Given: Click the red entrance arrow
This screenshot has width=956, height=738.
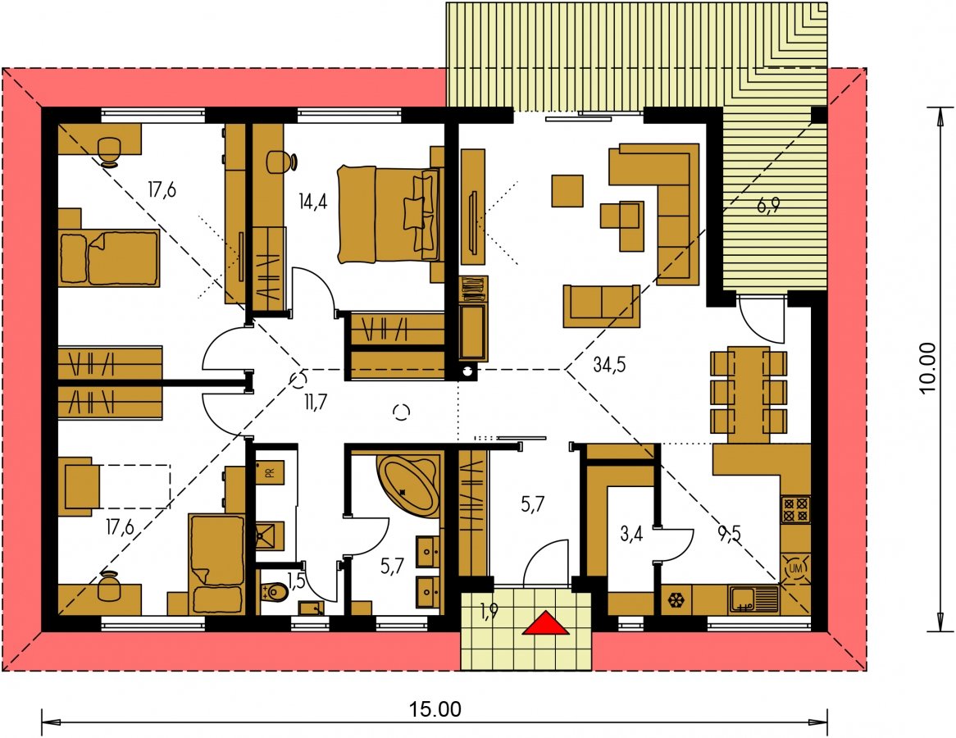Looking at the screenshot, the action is tap(546, 623).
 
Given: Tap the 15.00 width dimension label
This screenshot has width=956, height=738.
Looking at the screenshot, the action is tap(435, 709).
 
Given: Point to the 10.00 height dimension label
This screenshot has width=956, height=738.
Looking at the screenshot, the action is tap(927, 368).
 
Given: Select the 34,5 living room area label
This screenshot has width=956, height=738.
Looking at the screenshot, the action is tap(609, 365).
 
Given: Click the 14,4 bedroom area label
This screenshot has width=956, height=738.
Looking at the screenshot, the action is tap(313, 201).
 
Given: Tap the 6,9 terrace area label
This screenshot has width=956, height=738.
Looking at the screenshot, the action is tap(768, 206).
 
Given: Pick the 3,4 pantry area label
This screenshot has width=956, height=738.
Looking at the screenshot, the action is tap(631, 535).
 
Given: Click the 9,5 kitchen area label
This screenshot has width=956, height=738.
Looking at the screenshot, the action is tap(729, 535).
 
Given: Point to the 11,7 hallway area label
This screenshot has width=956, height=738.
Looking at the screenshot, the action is tap(315, 401).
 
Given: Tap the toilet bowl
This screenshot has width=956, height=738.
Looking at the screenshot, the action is tap(275, 591).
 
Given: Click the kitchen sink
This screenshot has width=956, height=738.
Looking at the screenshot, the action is tap(753, 599).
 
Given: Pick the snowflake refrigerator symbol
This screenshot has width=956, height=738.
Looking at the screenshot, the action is tap(676, 600).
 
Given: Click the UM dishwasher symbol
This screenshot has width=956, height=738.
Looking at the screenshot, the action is tap(795, 568).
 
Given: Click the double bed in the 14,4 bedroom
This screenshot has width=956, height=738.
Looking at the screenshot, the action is tap(389, 215).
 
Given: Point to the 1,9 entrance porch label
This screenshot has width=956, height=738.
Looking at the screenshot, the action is tap(489, 611).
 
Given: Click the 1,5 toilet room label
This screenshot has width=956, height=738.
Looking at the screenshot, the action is tap(296, 581).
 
